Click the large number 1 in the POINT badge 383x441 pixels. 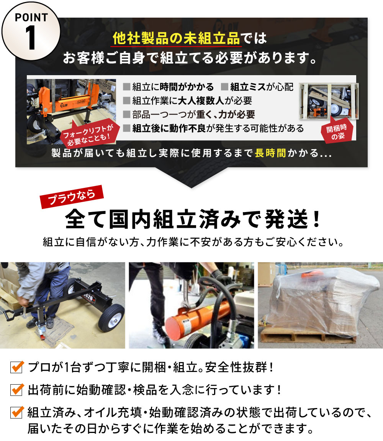(x=31, y=38)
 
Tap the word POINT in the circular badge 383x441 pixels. (x=31, y=17)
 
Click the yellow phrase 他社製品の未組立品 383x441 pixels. (x=177, y=38)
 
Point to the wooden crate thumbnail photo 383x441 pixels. (x=329, y=101)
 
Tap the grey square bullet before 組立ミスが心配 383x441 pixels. (x=224, y=87)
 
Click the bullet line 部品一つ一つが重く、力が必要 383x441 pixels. (x=194, y=114)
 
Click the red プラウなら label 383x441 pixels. (x=72, y=197)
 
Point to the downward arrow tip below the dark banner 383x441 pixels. (x=191, y=188)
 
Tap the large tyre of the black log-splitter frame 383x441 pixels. (x=111, y=318)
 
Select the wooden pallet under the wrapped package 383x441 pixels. (x=308, y=335)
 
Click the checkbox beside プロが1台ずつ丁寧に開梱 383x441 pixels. (x=17, y=367)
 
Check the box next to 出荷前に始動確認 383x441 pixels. (x=17, y=390)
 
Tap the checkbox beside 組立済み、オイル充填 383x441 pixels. (x=17, y=412)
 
